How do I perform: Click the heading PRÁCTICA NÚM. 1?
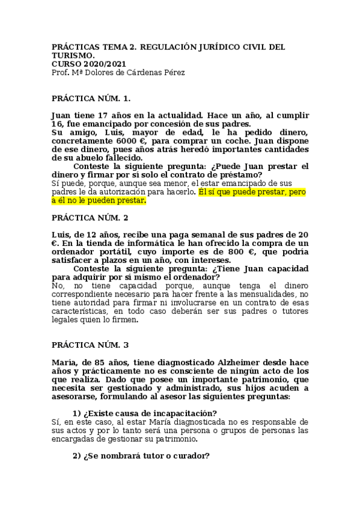(91, 97)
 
